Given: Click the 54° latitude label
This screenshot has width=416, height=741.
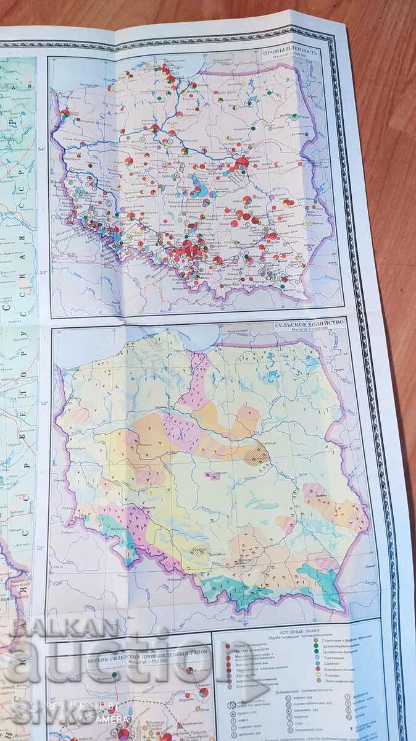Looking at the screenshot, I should tap(60, 149).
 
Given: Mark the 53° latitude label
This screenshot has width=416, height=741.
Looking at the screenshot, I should tap(60, 272).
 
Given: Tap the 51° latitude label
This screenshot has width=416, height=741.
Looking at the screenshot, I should tap(59, 547).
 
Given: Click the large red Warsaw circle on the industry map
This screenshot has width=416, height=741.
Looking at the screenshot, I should tap(242, 162).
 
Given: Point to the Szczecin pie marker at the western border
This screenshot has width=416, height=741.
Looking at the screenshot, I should tap(65, 114).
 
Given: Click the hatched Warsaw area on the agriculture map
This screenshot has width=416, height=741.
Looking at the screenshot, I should tap(254, 455).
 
